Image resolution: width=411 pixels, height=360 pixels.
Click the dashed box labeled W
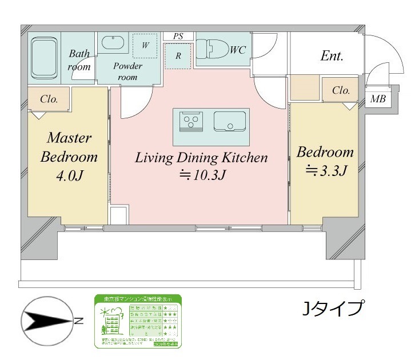click(x=145, y=45)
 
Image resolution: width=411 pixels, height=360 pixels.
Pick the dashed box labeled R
click(x=178, y=56)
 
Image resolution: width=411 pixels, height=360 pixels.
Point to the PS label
click(x=178, y=36)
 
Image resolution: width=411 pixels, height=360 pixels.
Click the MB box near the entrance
click(x=377, y=99)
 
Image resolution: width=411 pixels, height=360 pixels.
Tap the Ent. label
click(x=332, y=56)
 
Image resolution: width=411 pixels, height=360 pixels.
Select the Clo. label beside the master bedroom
click(x=49, y=99)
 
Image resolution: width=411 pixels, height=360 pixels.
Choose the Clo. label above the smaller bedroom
click(x=341, y=91)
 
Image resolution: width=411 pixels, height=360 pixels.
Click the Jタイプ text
click(x=333, y=309)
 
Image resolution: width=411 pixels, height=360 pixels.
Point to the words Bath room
click(x=79, y=61)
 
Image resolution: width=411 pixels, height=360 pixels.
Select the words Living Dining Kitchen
click(x=201, y=158)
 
